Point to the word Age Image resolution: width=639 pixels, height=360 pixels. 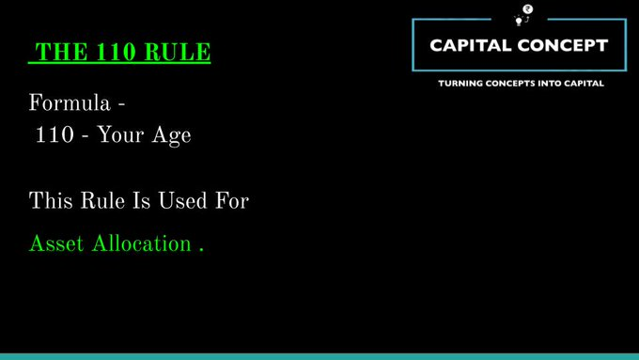173,135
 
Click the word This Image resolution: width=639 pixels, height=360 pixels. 50,200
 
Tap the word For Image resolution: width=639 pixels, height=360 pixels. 231,200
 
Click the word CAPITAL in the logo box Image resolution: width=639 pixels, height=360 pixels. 472,44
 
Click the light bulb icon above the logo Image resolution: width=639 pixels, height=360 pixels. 518,19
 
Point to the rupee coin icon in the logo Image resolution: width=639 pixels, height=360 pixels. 528,8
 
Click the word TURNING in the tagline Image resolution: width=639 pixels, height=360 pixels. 460,84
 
